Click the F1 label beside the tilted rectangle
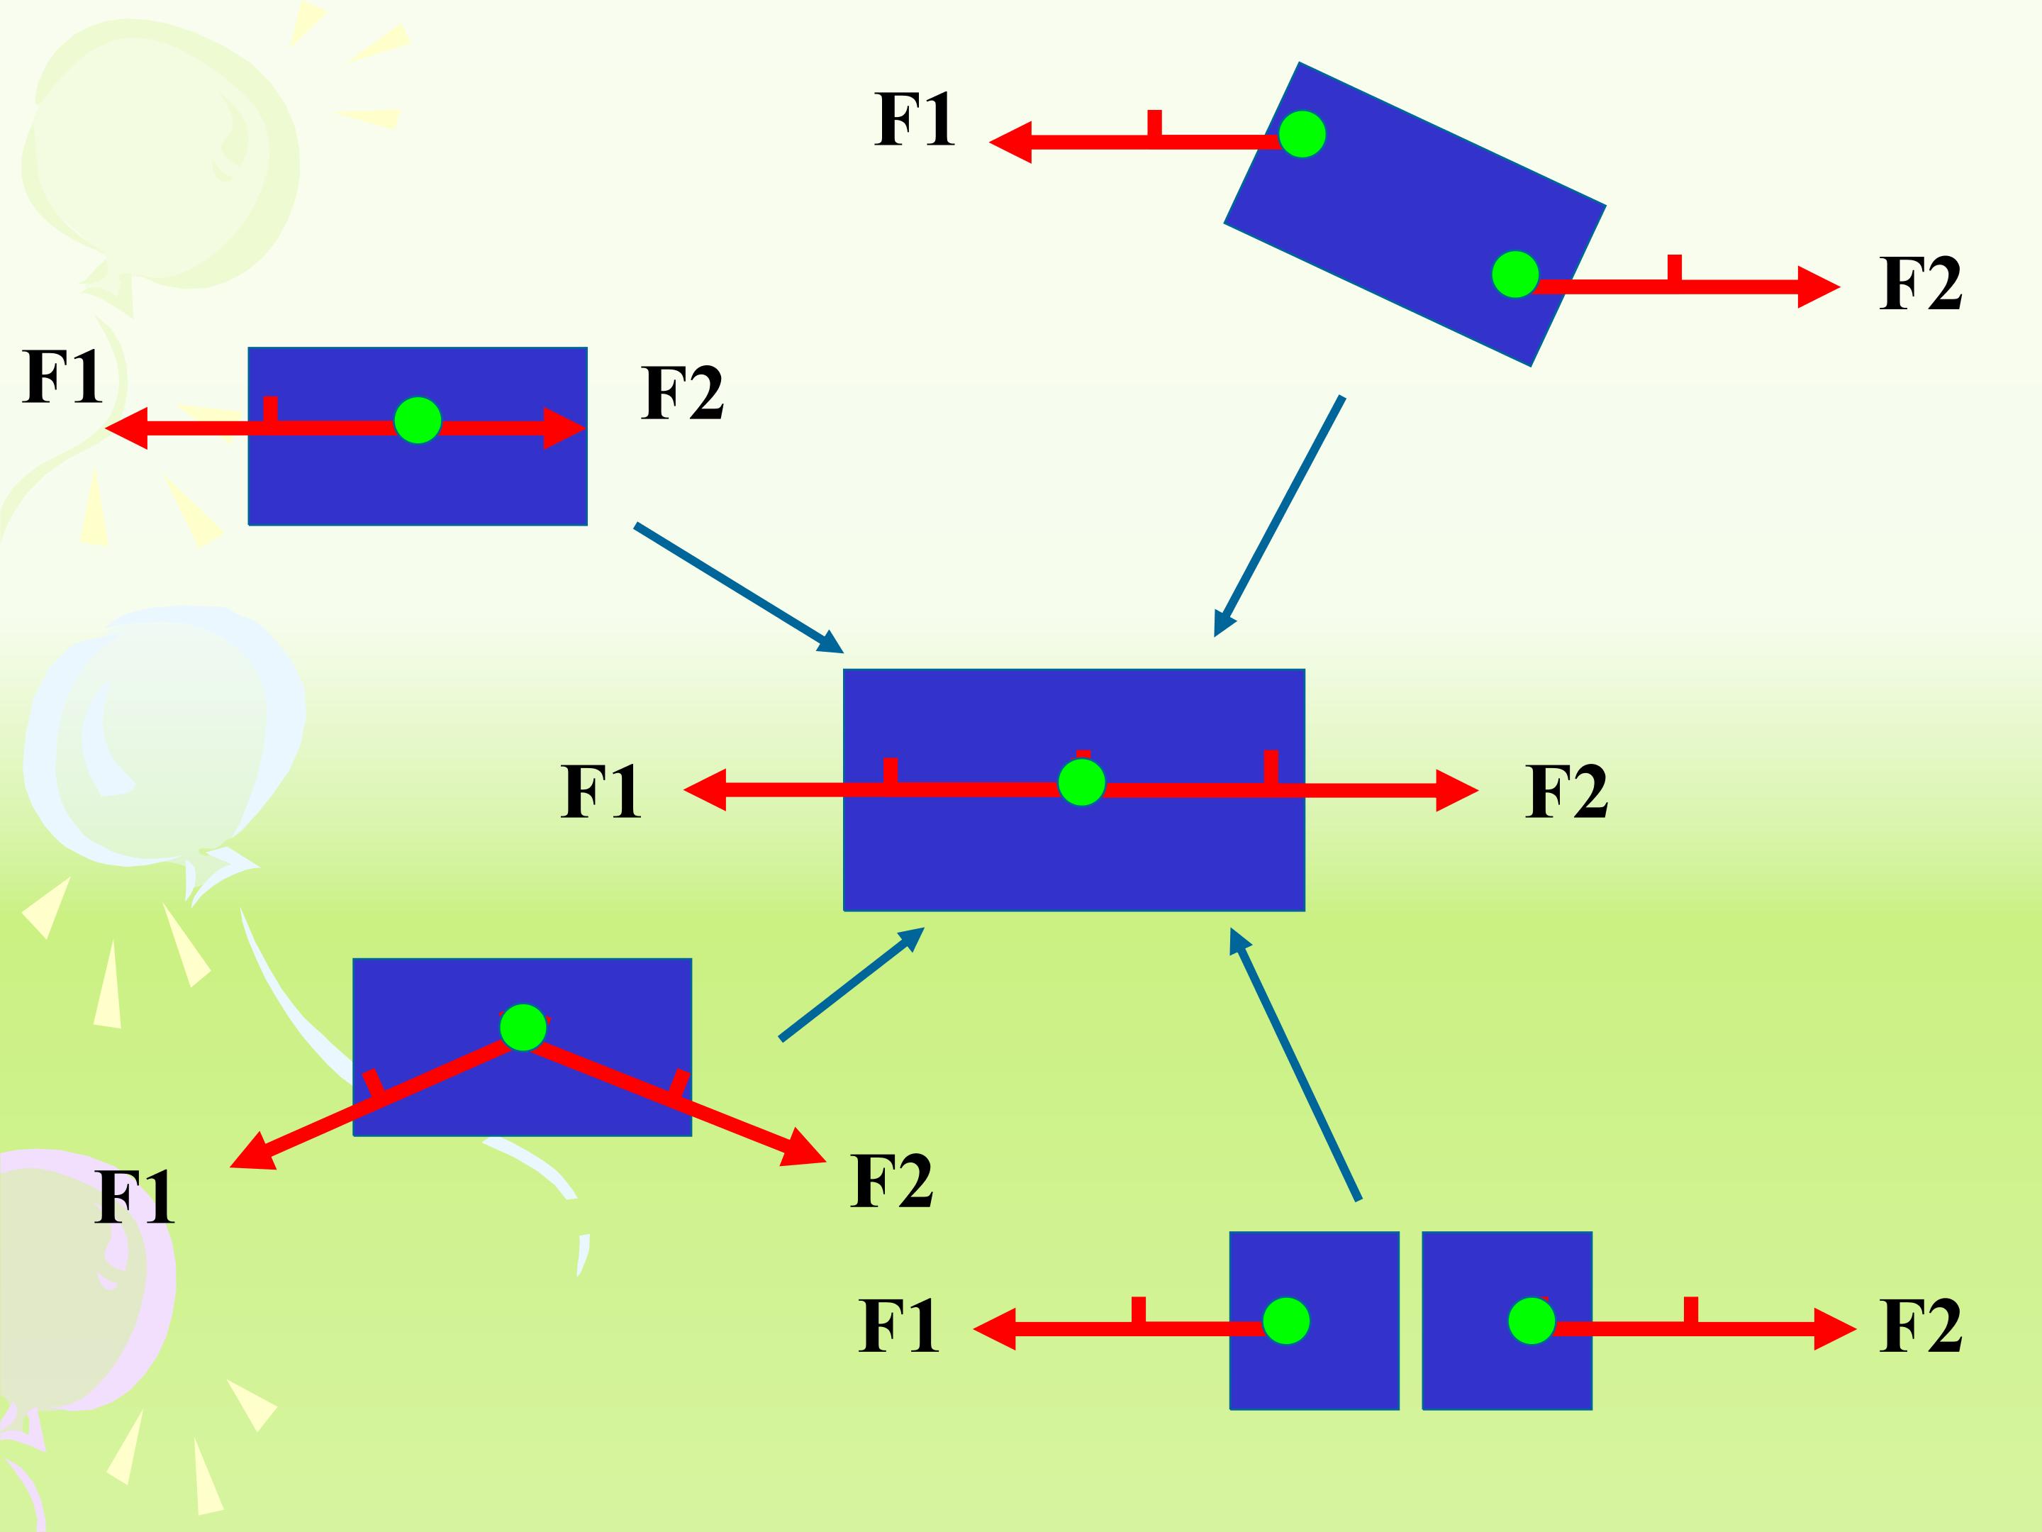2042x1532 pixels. pyautogui.click(x=914, y=120)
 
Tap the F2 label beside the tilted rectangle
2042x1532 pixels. pyautogui.click(x=1920, y=284)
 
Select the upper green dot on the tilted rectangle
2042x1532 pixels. pyautogui.click(x=1302, y=135)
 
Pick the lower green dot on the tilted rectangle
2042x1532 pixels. pyautogui.click(x=1515, y=274)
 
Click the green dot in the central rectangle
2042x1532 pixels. pyautogui.click(x=1081, y=783)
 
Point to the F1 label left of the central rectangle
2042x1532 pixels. pyautogui.click(x=600, y=792)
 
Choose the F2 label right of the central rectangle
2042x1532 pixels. pyautogui.click(x=1566, y=792)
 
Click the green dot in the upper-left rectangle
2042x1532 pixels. pyautogui.click(x=417, y=421)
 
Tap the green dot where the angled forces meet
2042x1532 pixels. pyautogui.click(x=523, y=1027)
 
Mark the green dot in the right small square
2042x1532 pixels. pyautogui.click(x=1531, y=1321)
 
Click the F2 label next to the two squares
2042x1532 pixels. pyautogui.click(x=1920, y=1326)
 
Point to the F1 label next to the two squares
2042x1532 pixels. pyautogui.click(x=898, y=1326)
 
